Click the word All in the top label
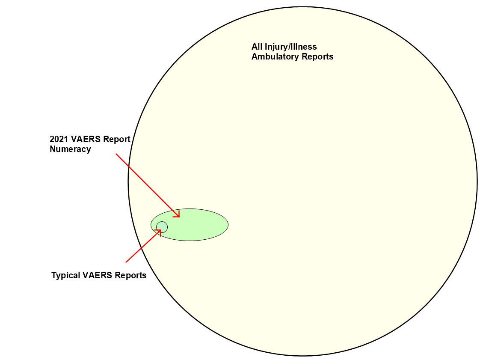point(257,47)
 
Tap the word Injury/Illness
point(290,47)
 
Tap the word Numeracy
point(70,149)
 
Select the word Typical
point(65,275)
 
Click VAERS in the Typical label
point(98,275)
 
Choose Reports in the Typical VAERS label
point(131,275)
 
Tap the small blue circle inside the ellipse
point(162,227)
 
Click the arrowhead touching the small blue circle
point(159,231)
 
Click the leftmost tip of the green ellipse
point(151,225)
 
